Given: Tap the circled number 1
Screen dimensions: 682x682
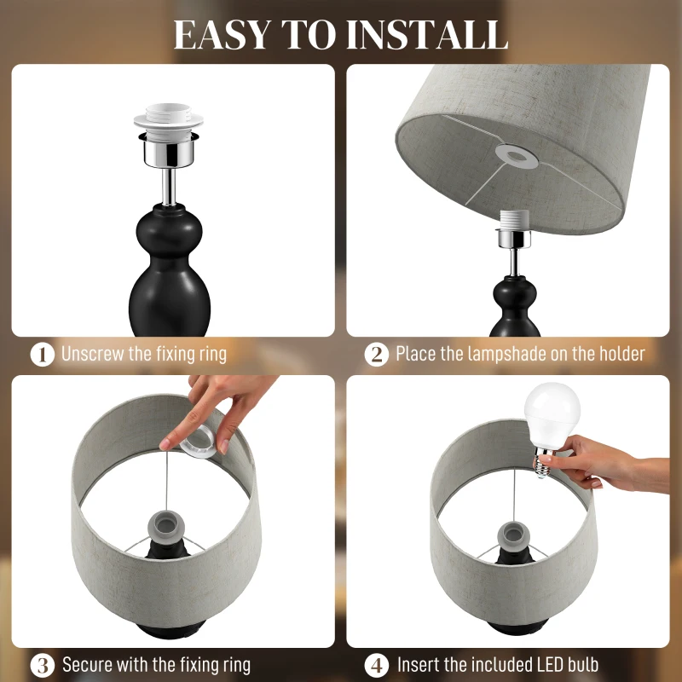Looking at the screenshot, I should pyautogui.click(x=42, y=354).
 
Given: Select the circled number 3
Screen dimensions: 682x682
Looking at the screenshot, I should pyautogui.click(x=42, y=664).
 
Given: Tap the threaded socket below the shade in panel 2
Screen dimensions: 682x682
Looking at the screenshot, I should pyautogui.click(x=512, y=223).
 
